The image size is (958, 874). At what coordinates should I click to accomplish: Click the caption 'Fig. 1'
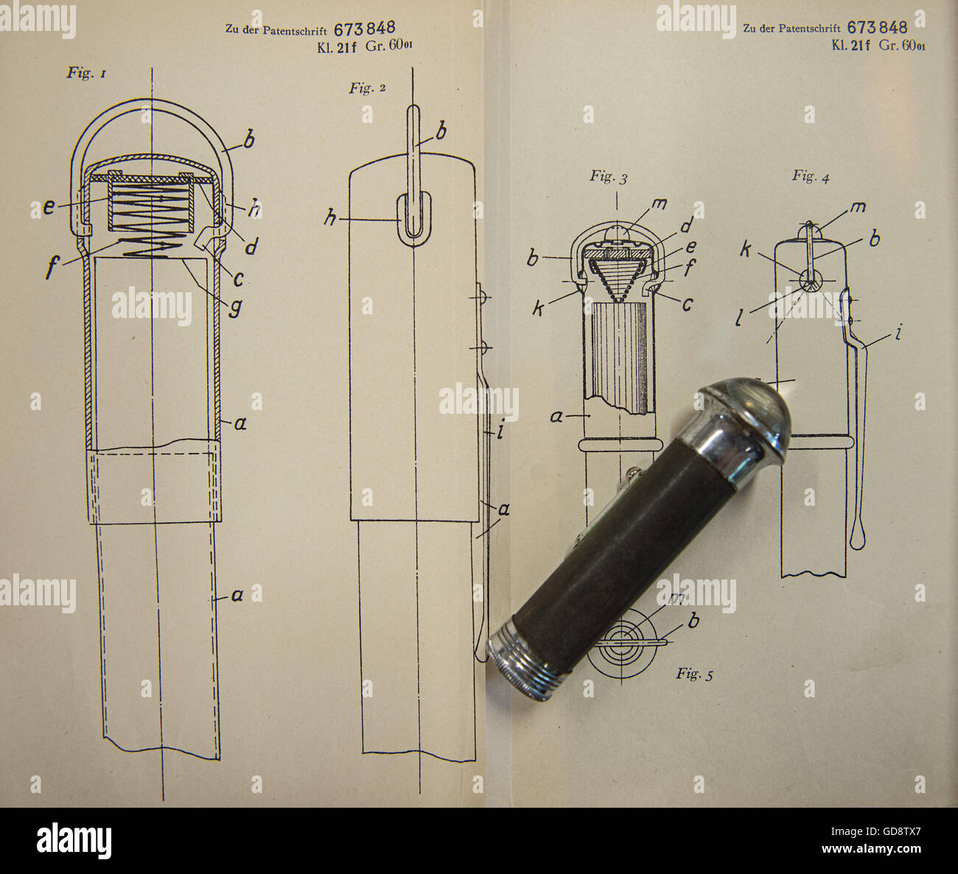pos(86,73)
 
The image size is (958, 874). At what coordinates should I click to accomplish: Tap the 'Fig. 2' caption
pos(367,88)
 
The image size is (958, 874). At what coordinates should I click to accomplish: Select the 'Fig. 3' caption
pos(609,177)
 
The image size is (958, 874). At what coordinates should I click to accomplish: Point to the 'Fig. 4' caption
pos(811,177)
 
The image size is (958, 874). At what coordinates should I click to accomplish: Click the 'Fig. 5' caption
pos(694,674)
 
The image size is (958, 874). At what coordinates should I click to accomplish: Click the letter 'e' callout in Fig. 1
pos(49,207)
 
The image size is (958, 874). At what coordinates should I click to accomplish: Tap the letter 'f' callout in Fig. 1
pos(52,267)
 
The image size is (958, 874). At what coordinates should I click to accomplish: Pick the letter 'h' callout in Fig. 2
pos(330,218)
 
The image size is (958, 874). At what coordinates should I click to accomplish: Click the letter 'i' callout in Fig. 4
pos(898,331)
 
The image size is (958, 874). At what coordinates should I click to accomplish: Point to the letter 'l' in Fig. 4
pos(739,317)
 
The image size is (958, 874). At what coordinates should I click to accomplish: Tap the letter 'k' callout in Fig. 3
pos(538,309)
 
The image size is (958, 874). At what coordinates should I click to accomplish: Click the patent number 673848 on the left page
pos(365,29)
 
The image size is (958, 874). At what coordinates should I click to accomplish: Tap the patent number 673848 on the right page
pos(877,27)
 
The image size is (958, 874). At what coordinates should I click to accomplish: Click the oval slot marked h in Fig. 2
pos(413,219)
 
